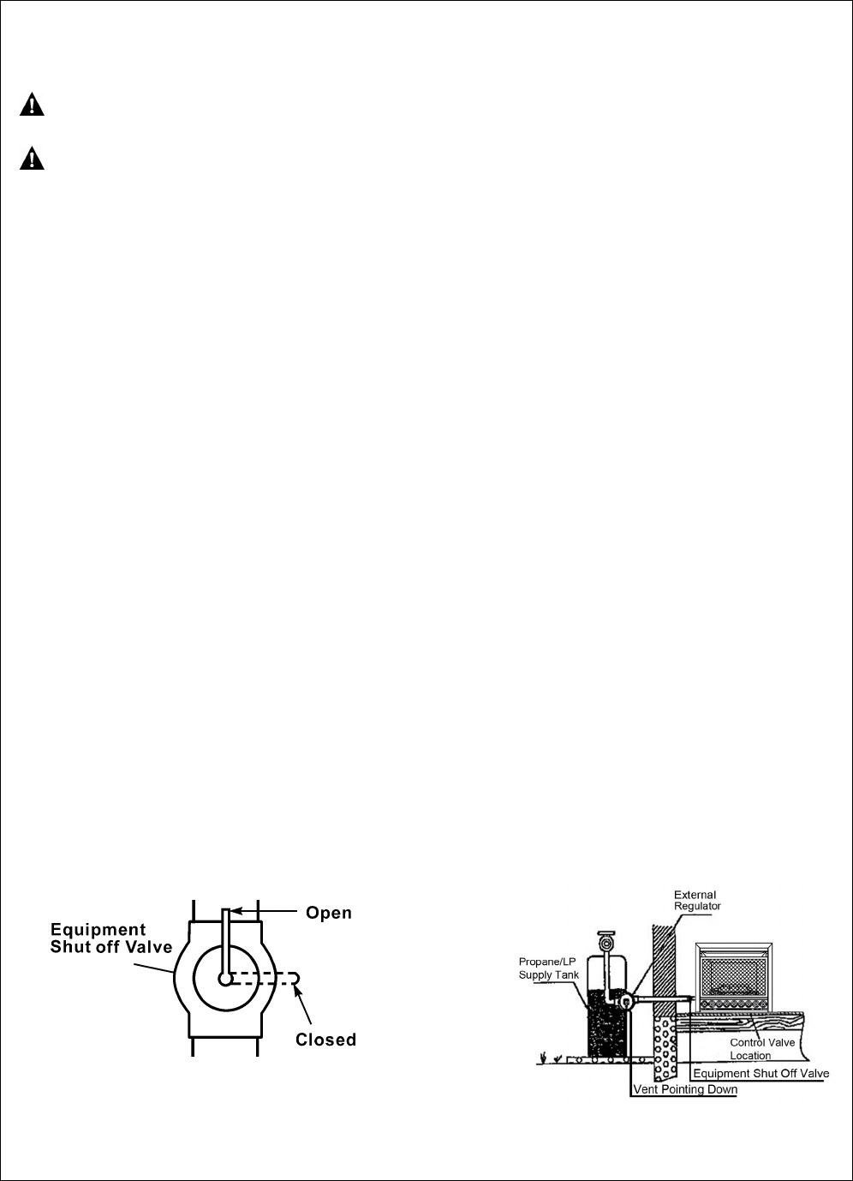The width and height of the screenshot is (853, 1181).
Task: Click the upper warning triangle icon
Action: point(32,105)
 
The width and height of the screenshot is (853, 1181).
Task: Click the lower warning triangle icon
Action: point(32,159)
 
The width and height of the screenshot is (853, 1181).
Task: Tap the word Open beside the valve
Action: point(329,913)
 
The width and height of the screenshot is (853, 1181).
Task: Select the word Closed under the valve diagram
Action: point(325,1040)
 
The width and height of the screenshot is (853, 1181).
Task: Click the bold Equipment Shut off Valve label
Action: point(111,938)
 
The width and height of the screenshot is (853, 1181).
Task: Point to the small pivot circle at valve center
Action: point(225,979)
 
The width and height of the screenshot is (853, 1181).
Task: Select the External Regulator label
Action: point(697,901)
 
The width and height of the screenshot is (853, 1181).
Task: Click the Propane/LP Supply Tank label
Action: point(549,968)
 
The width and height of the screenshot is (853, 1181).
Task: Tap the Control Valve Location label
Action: point(761,1049)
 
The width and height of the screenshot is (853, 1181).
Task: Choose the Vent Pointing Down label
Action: point(684,1090)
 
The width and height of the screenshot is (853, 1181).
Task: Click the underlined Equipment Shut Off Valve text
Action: point(761,1074)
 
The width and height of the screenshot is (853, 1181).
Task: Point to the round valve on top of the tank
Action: point(608,944)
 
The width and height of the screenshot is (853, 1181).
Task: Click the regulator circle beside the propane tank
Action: point(627,1000)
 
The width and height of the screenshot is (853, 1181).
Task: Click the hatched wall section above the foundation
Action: point(664,960)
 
